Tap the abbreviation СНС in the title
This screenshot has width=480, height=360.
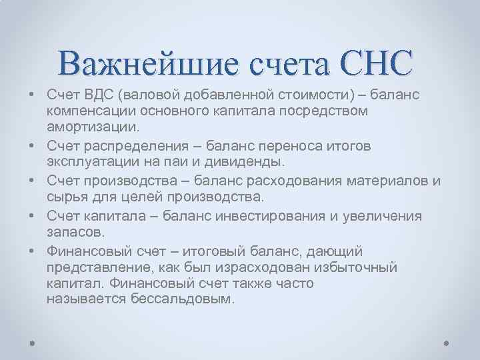[376, 65]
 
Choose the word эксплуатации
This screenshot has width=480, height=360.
[88, 161]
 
